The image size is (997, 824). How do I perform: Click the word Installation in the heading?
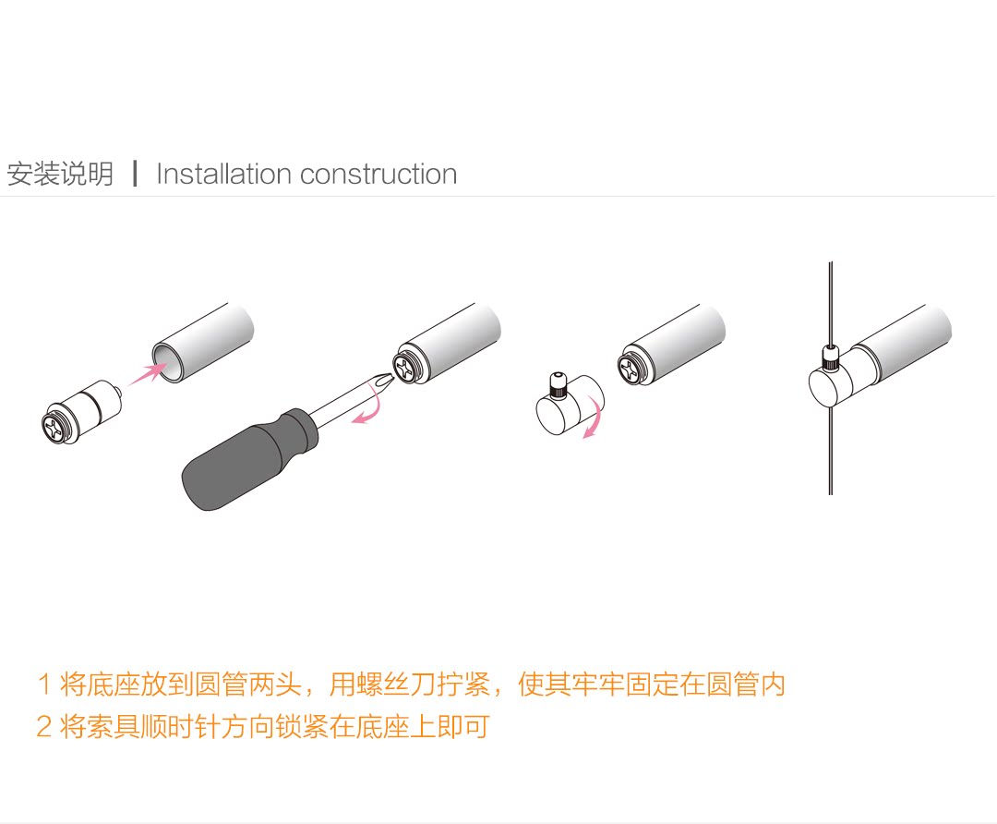coord(223,174)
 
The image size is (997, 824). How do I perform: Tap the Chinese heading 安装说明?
coord(60,174)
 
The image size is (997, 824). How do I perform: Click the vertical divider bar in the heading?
coord(136,174)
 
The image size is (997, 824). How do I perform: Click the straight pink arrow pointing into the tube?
coord(146,373)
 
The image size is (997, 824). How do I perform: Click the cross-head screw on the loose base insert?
coord(55,426)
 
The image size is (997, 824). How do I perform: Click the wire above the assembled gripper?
coord(830,305)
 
